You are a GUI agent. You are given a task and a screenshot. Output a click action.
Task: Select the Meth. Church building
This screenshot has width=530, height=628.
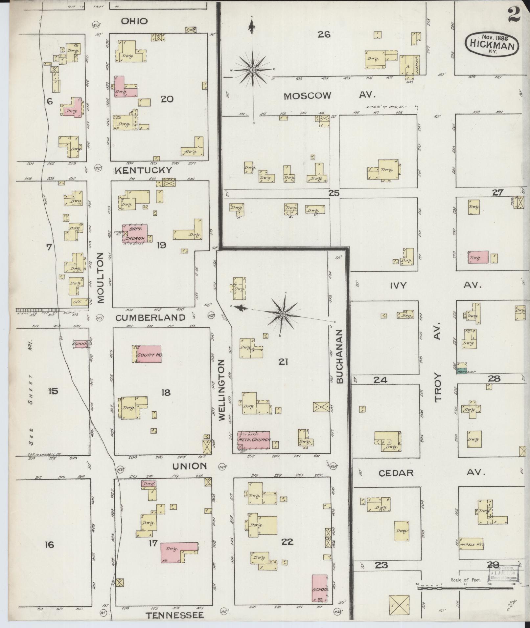pos(254,440)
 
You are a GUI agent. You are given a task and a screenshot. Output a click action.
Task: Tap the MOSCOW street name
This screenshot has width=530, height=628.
pos(307,96)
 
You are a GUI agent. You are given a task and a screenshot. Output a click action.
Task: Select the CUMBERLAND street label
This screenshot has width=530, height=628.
pos(150,317)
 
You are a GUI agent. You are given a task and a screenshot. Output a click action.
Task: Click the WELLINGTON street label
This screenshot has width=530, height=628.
pos(221,390)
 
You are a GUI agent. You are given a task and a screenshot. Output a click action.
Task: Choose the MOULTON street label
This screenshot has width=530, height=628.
pos(101,277)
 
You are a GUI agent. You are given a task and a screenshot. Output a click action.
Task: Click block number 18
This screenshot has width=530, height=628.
pos(166,392)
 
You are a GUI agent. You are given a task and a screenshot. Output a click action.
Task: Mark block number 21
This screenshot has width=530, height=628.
pos(283,362)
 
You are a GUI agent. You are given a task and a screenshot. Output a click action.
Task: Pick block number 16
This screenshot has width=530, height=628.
pos(49,545)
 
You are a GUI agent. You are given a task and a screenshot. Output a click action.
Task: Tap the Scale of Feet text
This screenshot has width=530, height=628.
pos(466,580)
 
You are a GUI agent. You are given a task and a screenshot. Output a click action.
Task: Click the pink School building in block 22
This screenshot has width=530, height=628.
pos(320,588)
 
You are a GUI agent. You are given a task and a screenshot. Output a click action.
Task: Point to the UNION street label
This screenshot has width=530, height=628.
pos(190,466)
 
